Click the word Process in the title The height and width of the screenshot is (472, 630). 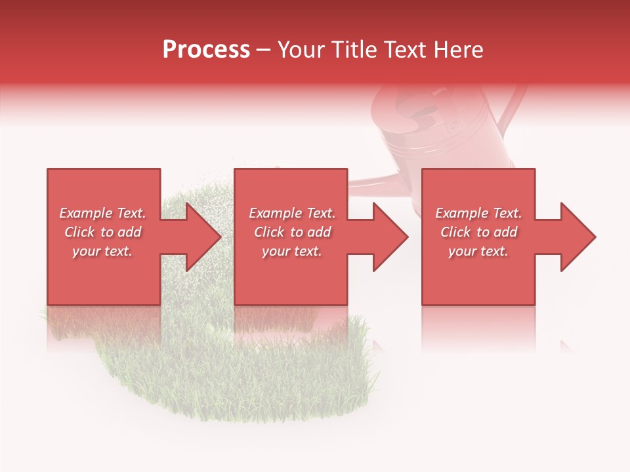click(206, 50)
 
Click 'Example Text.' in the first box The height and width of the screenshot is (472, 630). click(102, 213)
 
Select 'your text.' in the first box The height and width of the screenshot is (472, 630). click(102, 251)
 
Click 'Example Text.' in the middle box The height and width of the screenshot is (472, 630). click(292, 213)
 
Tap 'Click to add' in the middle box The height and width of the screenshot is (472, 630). click(292, 232)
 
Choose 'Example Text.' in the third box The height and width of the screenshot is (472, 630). click(478, 213)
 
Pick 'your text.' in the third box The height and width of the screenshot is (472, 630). click(478, 251)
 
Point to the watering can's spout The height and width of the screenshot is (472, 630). click(374, 178)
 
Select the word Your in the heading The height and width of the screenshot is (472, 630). click(301, 50)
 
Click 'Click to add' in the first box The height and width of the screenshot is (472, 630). click(102, 232)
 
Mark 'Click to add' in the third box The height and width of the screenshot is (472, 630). click(478, 232)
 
